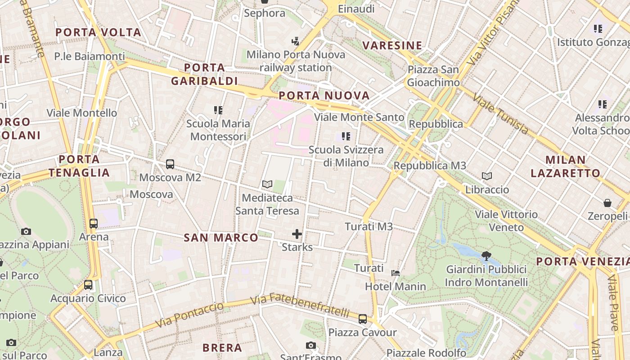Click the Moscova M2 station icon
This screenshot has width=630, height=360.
pos(170,164)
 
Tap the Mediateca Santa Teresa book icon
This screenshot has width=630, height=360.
pos(267,184)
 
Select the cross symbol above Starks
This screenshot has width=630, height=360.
pos(297,234)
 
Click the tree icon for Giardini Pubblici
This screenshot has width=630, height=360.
pos(486,256)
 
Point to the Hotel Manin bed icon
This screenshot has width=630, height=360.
pos(396,273)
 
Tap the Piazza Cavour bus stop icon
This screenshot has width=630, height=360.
pos(363,319)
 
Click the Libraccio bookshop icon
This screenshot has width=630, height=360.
pos(487,176)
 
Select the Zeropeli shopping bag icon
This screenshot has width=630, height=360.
pos(607,203)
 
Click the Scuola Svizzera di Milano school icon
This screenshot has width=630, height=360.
pos(346,136)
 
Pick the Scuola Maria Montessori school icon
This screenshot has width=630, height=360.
pos(218,110)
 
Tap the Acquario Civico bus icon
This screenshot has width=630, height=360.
pos(88,285)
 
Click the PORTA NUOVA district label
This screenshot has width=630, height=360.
pos(324,95)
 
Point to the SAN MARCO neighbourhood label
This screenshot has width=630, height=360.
pos(221,238)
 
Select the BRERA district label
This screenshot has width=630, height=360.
pos(222,347)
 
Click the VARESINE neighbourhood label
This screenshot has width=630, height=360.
pos(392,45)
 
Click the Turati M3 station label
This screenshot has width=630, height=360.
pos(369,226)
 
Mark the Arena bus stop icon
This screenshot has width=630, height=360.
pos(94,223)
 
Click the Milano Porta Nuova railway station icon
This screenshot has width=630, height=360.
pos(295,41)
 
